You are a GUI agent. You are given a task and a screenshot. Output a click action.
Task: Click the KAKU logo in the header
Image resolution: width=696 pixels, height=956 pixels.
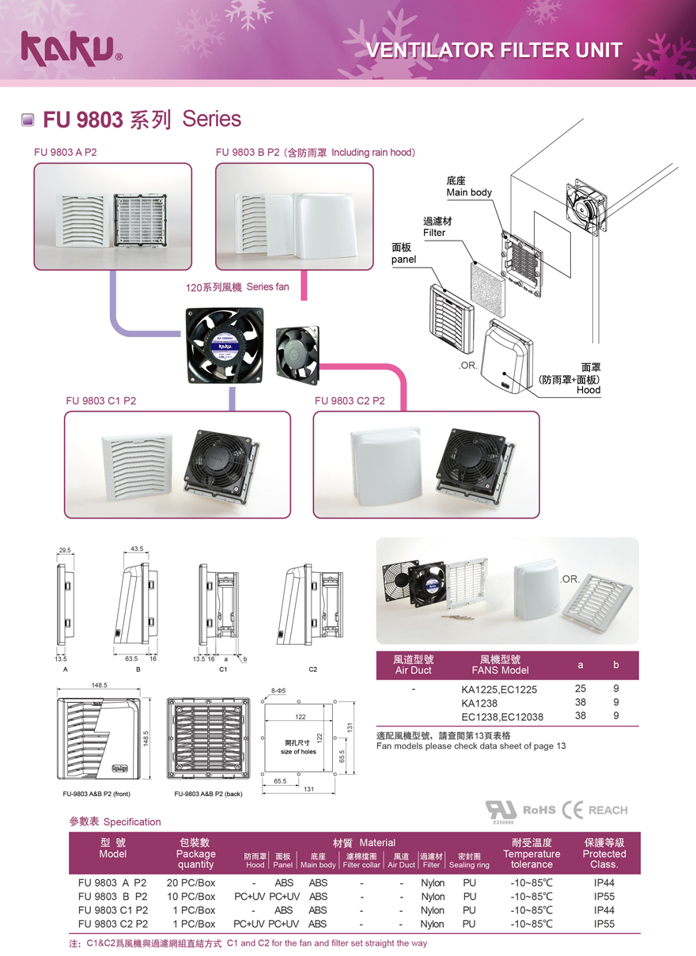click(70, 47)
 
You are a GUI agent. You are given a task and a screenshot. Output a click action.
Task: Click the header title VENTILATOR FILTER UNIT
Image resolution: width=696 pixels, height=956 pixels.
click(494, 51)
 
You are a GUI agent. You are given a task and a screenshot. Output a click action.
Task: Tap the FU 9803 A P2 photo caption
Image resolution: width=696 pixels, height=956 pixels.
click(65, 152)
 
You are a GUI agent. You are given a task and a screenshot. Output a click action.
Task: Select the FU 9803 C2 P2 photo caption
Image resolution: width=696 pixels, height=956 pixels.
click(350, 401)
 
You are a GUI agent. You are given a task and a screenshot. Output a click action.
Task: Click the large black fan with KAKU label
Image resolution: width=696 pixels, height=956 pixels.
click(224, 346)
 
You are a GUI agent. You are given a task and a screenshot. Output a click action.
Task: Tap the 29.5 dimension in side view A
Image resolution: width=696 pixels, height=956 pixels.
click(65, 550)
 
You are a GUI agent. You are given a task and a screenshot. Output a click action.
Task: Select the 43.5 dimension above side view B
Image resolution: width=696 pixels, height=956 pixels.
click(136, 548)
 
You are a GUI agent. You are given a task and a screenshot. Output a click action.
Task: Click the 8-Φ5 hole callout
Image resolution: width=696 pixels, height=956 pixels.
click(278, 691)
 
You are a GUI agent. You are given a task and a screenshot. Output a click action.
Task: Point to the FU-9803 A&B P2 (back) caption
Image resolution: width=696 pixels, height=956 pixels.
click(208, 793)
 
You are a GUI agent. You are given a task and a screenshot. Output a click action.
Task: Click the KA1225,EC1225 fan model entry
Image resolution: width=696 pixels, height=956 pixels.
click(499, 689)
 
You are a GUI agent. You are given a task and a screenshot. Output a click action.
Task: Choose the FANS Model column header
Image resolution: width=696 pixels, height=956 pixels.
click(499, 665)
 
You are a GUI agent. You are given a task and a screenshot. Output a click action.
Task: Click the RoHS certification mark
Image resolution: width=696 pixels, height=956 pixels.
click(540, 810)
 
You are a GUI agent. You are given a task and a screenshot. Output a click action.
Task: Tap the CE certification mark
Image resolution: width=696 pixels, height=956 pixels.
click(572, 810)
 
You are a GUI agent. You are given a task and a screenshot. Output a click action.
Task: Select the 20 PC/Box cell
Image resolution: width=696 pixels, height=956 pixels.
click(191, 882)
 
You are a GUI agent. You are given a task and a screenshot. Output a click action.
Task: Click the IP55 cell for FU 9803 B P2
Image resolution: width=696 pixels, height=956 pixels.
click(603, 897)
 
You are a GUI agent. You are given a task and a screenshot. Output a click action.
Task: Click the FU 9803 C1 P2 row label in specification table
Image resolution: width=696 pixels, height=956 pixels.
click(113, 910)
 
